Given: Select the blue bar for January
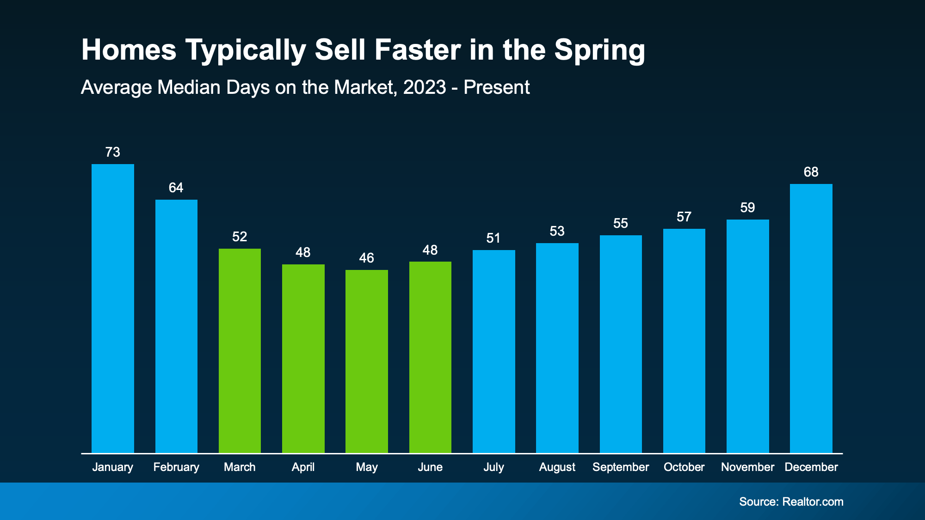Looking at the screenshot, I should tap(113, 308).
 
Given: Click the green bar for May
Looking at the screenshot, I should tap(367, 361).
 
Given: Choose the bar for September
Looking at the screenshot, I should tap(621, 344).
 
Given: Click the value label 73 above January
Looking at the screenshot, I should tap(113, 152).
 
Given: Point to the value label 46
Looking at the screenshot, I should tap(367, 258).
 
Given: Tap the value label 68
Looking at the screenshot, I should tap(811, 172).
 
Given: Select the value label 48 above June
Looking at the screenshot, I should tap(430, 250).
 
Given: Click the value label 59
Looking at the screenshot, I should tap(747, 208).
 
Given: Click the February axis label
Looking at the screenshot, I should tap(176, 467).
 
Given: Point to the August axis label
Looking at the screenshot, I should tap(557, 467).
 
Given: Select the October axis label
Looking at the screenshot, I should tap(684, 467).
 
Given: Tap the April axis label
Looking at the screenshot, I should tap(303, 467).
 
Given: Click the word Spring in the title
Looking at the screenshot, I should tap(599, 50).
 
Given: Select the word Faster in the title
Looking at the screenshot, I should tap(418, 49).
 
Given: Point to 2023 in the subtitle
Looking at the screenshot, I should tap(425, 87).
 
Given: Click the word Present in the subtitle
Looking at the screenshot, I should tap(496, 87).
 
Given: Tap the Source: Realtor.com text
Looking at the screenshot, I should tap(791, 502).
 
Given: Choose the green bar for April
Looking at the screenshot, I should tap(303, 358).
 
